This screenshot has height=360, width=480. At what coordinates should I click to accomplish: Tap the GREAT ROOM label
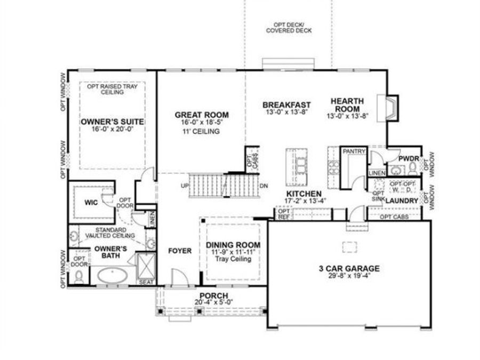(x=202, y=115)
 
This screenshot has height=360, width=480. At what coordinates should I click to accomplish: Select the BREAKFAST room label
(x=286, y=105)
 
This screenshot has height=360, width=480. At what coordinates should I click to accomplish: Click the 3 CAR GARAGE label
(x=346, y=268)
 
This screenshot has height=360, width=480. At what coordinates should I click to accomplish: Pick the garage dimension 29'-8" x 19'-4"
(x=346, y=276)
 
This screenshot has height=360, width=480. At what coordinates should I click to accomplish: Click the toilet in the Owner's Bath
(x=79, y=276)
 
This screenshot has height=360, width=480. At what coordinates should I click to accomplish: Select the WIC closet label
(x=89, y=203)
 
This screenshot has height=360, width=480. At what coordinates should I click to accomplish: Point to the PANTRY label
(x=353, y=152)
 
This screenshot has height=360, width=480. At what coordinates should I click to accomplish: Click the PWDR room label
(x=408, y=158)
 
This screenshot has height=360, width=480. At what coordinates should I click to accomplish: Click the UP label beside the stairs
(x=186, y=186)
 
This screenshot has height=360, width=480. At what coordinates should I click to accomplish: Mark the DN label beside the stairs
(x=263, y=186)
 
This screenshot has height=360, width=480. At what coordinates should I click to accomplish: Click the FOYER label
(x=180, y=251)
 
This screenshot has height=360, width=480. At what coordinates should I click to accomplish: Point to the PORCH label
(x=213, y=296)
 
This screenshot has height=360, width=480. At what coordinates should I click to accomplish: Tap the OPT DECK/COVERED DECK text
(x=289, y=28)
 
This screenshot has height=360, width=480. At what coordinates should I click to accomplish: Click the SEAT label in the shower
(x=145, y=282)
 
